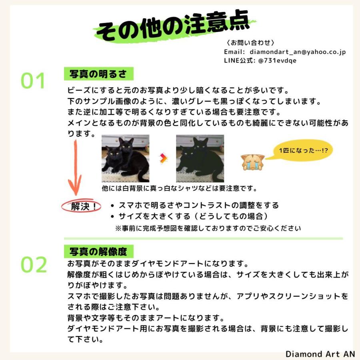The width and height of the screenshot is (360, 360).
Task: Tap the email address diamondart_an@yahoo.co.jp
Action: [298, 52]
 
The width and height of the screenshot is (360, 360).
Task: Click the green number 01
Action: [34, 81]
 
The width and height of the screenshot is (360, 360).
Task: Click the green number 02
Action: [34, 265]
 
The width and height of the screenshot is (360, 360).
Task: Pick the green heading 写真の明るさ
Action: [98, 74]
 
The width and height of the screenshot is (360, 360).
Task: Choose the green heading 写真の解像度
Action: [98, 252]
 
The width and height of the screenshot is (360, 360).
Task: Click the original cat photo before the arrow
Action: [125, 158]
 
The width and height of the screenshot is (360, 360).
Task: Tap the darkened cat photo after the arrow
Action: [200, 158]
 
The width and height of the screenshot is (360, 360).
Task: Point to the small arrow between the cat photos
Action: [163, 158]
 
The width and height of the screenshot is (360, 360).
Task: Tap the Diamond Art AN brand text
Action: [320, 354]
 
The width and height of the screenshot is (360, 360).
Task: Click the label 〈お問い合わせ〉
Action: [250, 43]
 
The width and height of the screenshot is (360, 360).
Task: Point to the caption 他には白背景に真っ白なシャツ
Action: [179, 188]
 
